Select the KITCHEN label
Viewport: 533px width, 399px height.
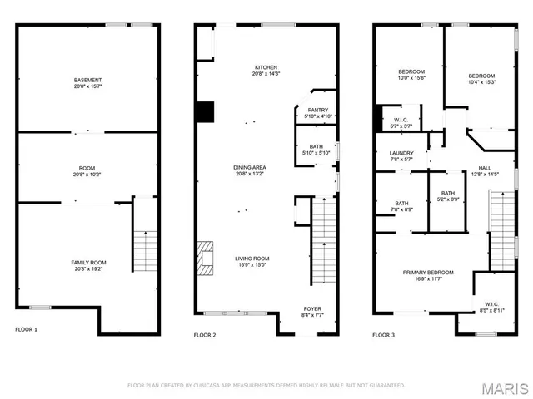(x=266, y=67)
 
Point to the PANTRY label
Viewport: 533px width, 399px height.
(x=317, y=110)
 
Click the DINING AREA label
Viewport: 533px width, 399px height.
(x=250, y=168)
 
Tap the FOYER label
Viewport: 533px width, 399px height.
(x=312, y=308)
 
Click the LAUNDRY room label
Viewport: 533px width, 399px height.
(x=401, y=153)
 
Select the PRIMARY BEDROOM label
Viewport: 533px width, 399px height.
(x=428, y=273)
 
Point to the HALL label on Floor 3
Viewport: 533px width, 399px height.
(x=484, y=168)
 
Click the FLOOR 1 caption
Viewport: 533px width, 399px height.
(x=26, y=330)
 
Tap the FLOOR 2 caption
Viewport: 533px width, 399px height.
(x=205, y=335)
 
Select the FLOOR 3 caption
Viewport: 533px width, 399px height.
(x=384, y=335)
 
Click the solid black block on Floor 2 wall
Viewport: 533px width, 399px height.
(x=205, y=111)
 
